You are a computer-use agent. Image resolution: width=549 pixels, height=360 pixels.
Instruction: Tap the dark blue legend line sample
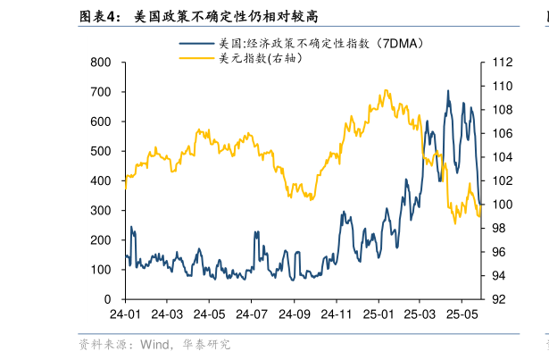197,43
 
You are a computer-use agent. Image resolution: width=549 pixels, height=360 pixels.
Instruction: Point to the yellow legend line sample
197,58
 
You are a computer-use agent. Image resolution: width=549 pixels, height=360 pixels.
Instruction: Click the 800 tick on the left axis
101,63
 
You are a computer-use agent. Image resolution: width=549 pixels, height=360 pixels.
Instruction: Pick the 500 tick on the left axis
101,152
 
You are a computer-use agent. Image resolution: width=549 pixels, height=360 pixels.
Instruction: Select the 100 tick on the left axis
101,270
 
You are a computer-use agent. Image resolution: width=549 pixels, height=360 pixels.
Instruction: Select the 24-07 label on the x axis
252,314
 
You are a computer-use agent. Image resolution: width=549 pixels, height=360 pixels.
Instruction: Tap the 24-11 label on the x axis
337,314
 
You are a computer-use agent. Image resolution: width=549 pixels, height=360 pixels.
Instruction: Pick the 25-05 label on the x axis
462,314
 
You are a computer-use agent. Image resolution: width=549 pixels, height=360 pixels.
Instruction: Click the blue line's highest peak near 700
448,91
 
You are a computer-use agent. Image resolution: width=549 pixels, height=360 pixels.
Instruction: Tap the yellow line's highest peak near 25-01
385,90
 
